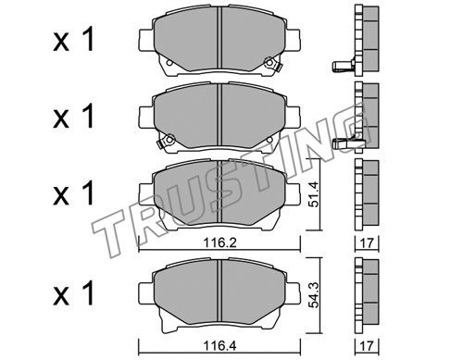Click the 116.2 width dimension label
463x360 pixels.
[219, 243]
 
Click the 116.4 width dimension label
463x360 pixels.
[219, 346]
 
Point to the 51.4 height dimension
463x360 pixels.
[314, 194]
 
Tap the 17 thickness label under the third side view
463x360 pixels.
[367, 243]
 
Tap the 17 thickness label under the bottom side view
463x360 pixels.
[367, 346]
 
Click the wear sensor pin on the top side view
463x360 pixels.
[342, 66]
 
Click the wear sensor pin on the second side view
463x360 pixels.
[344, 143]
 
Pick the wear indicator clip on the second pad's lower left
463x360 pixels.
[166, 141]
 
